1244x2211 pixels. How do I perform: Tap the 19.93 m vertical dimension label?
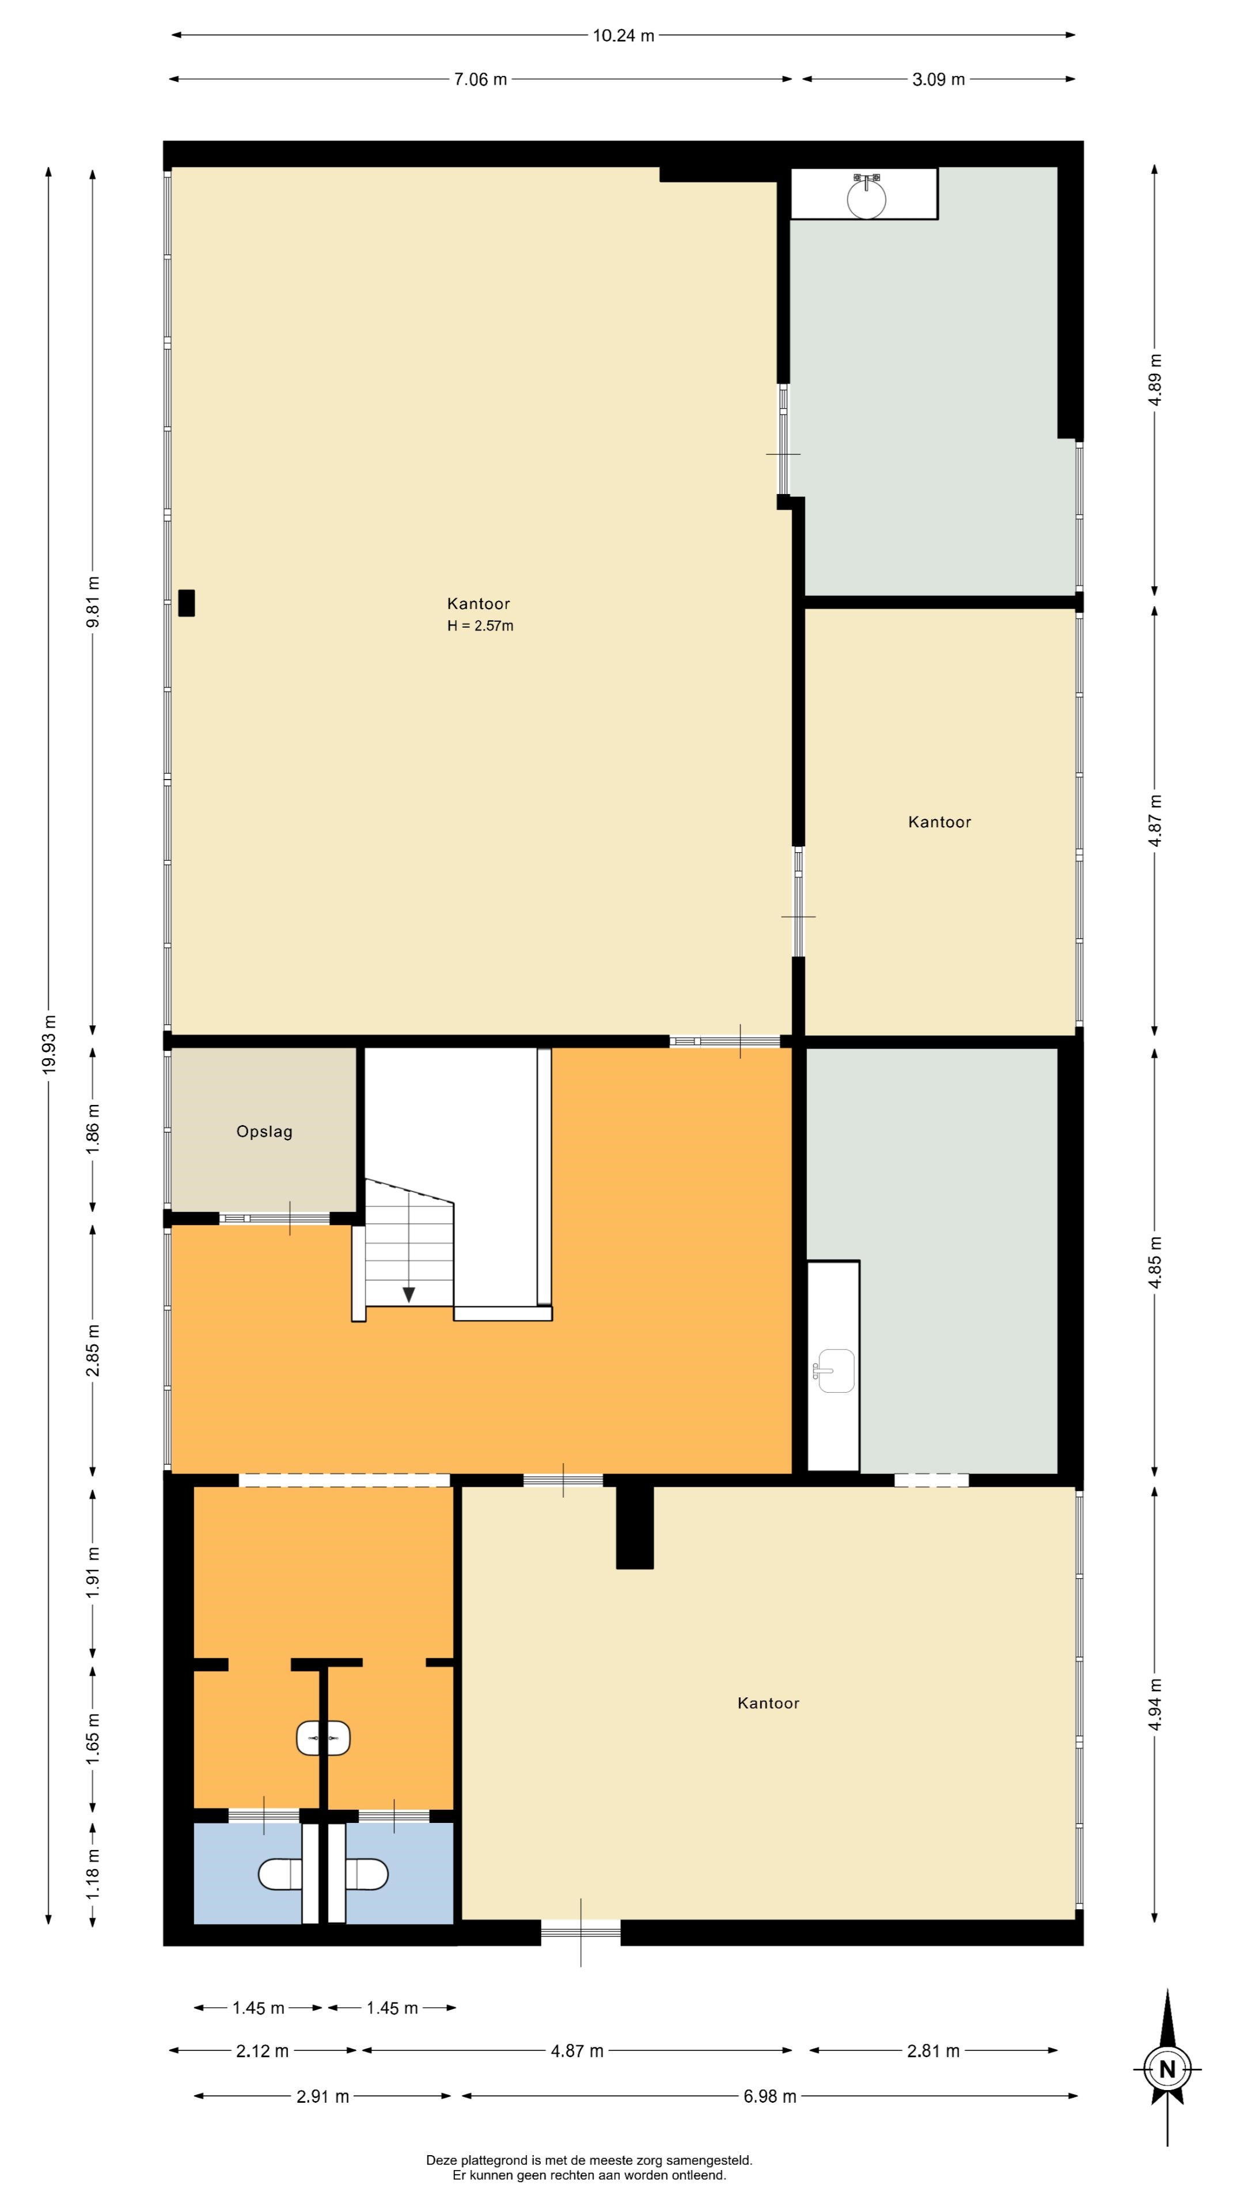pyautogui.click(x=49, y=1044)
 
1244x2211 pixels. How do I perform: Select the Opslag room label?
pyautogui.click(x=264, y=1131)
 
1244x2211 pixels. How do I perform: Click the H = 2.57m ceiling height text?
pyautogui.click(x=480, y=626)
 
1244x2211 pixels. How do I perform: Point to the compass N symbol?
pyautogui.click(x=1167, y=2069)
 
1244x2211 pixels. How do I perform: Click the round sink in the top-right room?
pyautogui.click(x=866, y=196)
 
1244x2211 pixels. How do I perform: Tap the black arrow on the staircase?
pyautogui.click(x=409, y=1295)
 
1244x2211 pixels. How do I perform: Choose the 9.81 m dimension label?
pyautogui.click(x=93, y=602)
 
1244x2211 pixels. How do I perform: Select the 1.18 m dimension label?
pyautogui.click(x=93, y=1875)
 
